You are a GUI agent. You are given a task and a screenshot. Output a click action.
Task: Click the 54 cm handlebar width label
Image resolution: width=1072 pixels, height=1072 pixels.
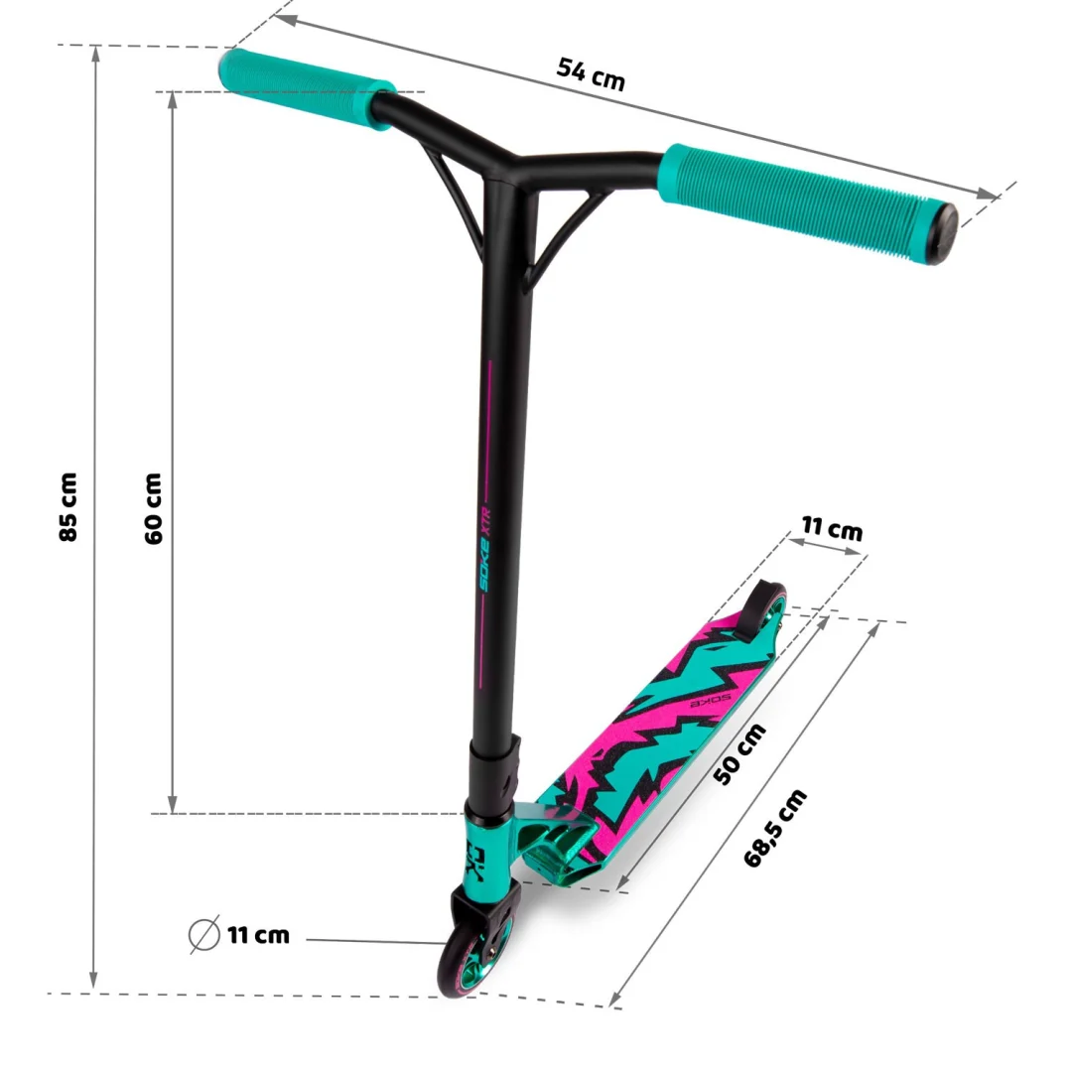592,74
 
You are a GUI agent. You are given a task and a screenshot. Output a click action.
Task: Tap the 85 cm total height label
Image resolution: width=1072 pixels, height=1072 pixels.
67,506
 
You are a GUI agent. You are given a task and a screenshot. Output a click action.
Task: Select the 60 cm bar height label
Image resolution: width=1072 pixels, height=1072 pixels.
153,508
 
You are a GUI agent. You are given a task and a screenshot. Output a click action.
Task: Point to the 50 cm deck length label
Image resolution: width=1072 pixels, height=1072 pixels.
739,753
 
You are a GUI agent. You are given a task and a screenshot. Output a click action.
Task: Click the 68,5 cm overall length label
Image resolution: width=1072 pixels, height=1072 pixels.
774,828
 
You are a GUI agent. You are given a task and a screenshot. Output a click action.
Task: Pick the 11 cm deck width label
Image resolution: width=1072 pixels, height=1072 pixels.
832,528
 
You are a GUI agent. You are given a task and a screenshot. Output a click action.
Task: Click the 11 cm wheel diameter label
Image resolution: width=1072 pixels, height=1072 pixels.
258,935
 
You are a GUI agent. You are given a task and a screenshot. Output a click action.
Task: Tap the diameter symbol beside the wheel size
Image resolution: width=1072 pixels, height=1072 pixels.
203,934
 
